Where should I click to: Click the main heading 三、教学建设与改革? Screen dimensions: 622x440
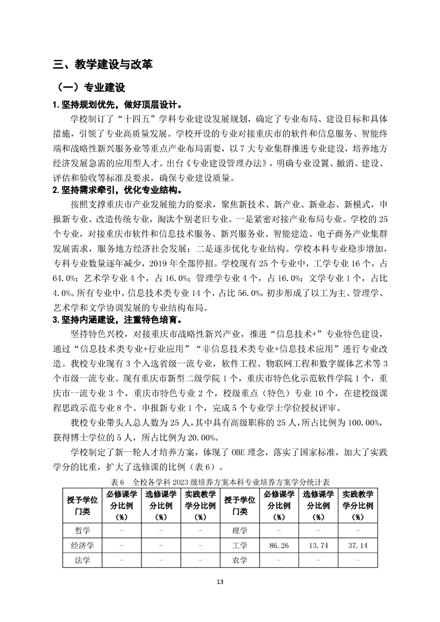click(x=103, y=64)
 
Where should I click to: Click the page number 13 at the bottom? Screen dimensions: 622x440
click(x=220, y=582)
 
